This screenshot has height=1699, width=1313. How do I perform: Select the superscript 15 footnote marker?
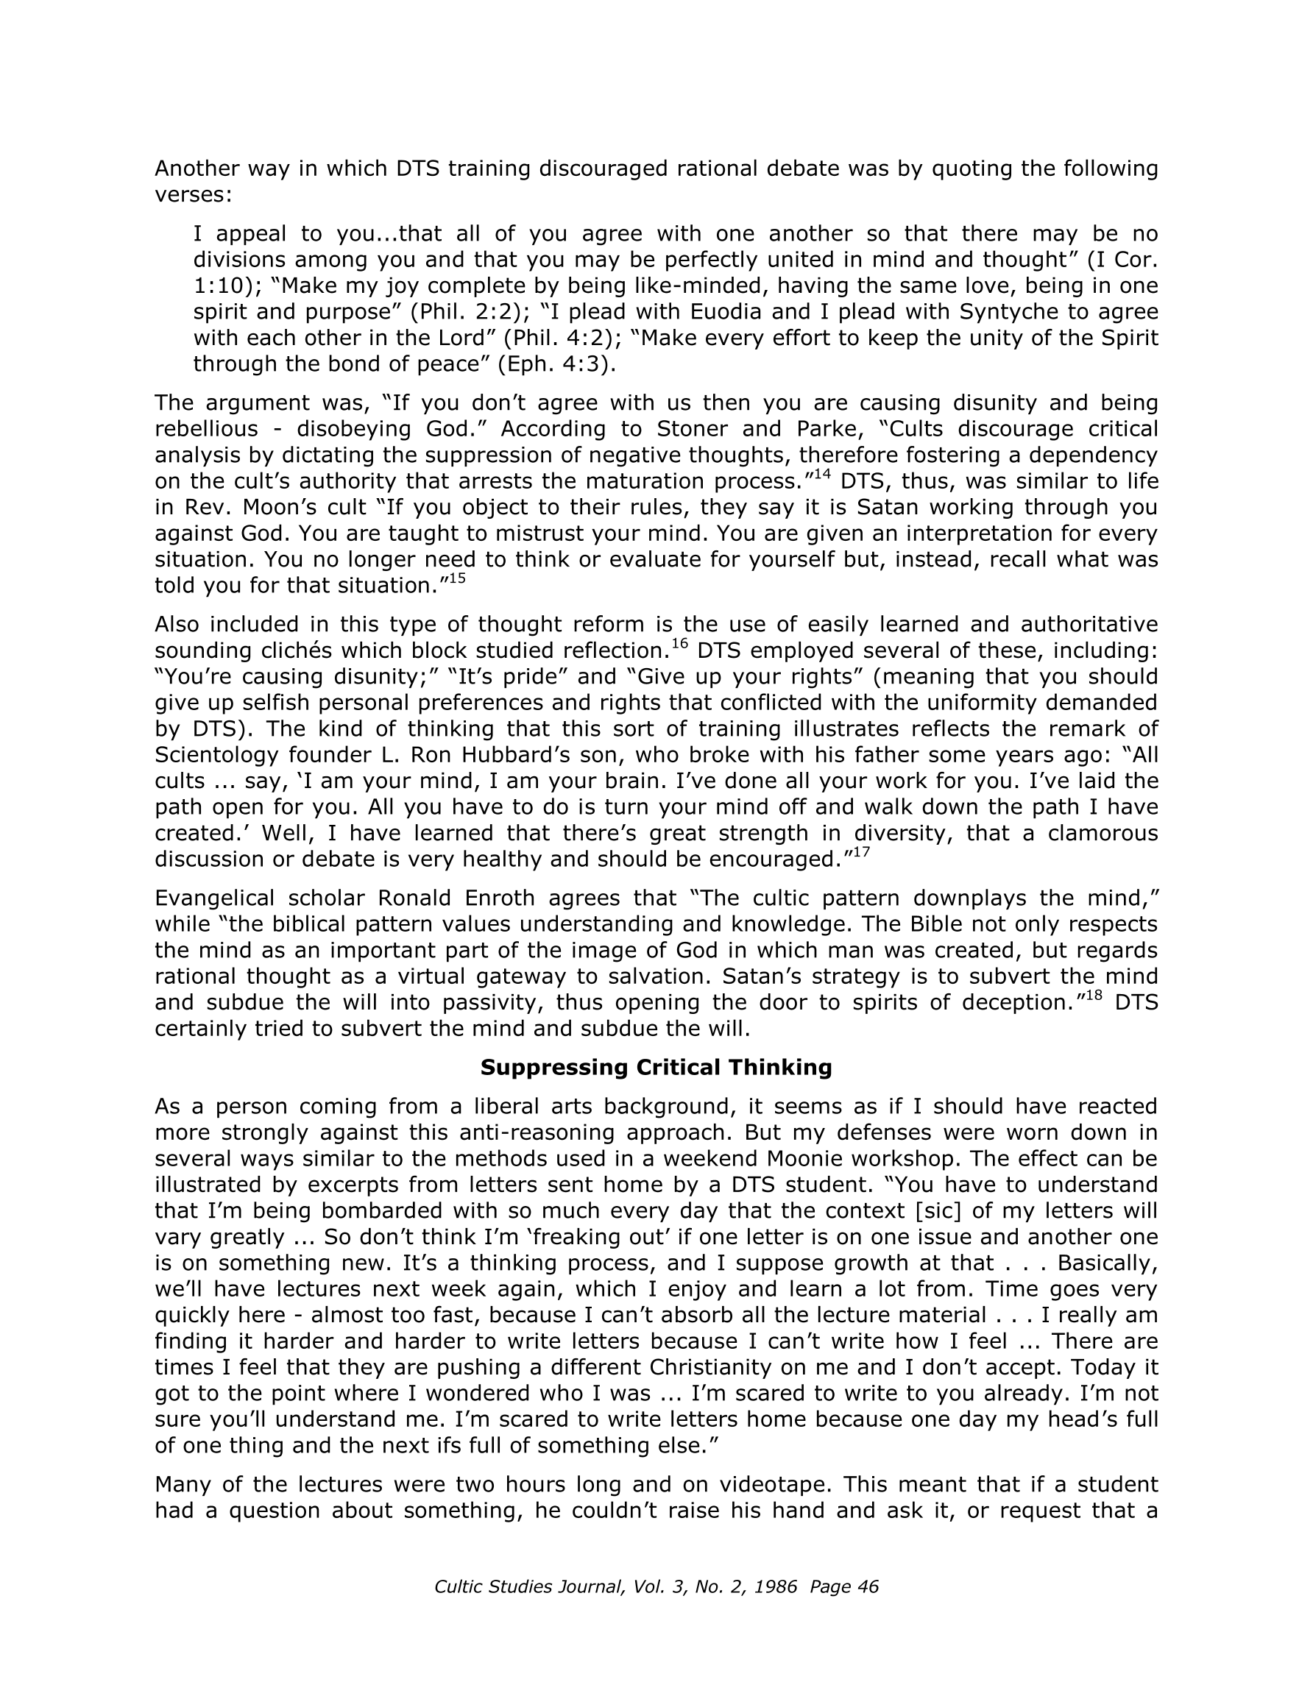(x=458, y=578)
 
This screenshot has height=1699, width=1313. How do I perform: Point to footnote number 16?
(x=679, y=643)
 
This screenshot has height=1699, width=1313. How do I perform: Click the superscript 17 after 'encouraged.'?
(x=861, y=852)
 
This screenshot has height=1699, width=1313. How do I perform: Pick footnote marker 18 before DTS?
(x=1095, y=995)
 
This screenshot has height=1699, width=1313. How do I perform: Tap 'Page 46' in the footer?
(x=843, y=1586)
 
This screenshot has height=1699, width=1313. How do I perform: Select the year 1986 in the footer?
(x=774, y=1586)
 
